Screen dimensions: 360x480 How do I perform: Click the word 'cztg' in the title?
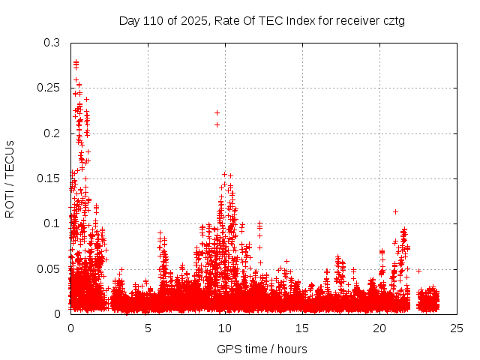(x=394, y=21)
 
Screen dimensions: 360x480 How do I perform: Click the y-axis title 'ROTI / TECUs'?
(x=10, y=179)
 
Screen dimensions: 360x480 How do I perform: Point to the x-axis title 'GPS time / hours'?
(x=262, y=349)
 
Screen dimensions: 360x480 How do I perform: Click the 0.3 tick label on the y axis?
(x=51, y=43)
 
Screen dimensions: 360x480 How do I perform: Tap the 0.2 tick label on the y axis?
(x=51, y=133)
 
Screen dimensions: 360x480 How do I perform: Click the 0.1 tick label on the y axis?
(x=51, y=223)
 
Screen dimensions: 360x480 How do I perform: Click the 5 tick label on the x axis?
(x=148, y=328)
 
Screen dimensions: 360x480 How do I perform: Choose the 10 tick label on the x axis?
(x=225, y=328)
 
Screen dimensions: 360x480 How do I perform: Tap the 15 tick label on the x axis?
(x=302, y=328)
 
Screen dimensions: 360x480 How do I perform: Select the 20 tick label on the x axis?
(x=379, y=328)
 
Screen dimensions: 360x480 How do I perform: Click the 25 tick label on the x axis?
(x=457, y=328)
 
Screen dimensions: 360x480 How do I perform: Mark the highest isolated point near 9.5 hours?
(x=217, y=112)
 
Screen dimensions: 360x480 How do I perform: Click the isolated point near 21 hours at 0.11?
(x=395, y=211)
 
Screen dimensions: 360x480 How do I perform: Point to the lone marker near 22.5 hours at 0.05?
(x=418, y=270)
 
